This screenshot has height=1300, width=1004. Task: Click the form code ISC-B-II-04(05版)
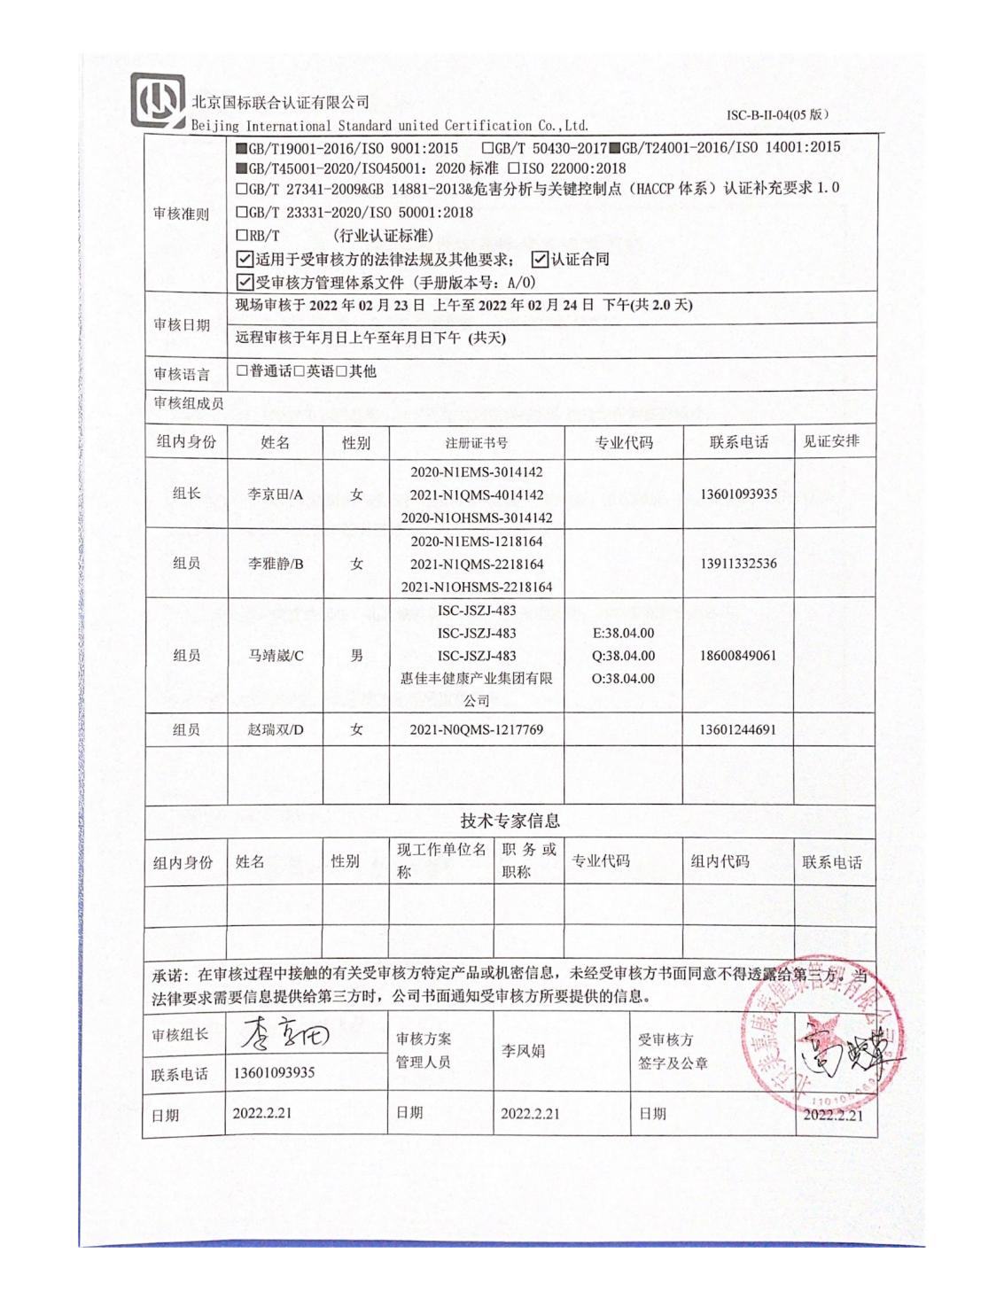777,115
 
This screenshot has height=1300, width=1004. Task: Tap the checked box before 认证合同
540,260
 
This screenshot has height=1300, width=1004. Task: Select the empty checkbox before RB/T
242,236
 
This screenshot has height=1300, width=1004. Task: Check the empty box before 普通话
242,371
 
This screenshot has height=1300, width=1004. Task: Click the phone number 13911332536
738,564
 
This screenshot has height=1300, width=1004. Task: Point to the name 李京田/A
276,494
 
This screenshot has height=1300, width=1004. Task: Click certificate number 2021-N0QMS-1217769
476,730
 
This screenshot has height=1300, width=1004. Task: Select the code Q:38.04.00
623,656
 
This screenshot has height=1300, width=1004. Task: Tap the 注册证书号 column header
476,443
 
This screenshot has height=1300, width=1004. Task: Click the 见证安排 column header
831,441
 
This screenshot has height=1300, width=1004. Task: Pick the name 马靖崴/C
276,656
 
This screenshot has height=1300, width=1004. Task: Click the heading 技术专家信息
510,821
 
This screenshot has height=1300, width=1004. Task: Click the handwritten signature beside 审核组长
284,1033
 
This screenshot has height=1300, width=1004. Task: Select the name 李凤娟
523,1051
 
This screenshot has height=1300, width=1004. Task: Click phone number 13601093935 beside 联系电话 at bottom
274,1073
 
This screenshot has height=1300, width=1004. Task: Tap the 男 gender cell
356,656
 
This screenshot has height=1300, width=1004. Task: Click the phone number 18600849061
738,656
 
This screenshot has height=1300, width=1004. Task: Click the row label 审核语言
182,374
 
